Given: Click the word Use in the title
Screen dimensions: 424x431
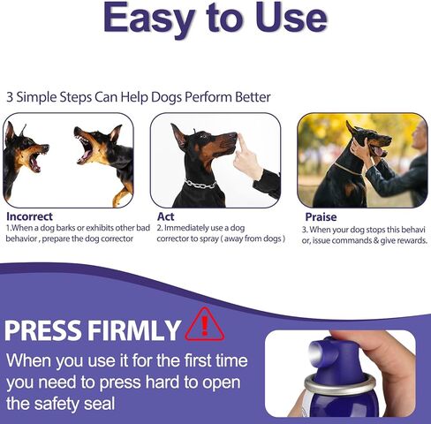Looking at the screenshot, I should [284, 20].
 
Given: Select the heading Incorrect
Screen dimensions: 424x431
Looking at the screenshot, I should [29, 216].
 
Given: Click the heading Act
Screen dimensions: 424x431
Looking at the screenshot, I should [165, 216].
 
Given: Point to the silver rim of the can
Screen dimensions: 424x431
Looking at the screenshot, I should [322, 384].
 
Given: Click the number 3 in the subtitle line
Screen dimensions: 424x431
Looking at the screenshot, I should [10, 97].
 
